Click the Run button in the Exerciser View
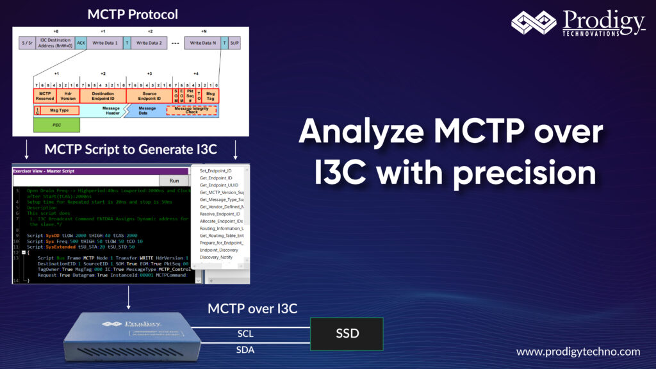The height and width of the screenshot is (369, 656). coord(174,181)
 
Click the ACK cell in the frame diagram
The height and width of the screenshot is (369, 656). coord(81,43)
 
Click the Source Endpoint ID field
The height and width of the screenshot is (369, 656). coord(149,96)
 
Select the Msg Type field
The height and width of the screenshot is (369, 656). coord(59,111)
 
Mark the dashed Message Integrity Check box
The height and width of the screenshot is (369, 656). coord(192,111)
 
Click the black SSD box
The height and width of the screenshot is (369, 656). coord(347,334)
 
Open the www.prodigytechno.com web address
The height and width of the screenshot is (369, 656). coord(578,352)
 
